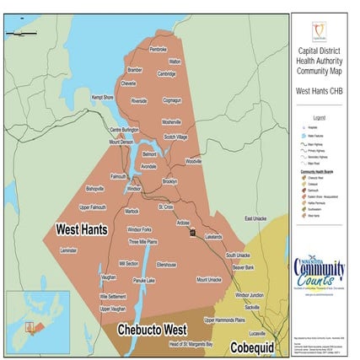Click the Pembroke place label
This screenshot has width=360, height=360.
[159, 50]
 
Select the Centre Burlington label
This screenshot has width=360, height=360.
[125, 130]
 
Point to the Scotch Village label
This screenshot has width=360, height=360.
[180, 137]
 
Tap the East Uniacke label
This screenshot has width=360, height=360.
[254, 218]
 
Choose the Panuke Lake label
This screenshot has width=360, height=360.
[145, 279]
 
